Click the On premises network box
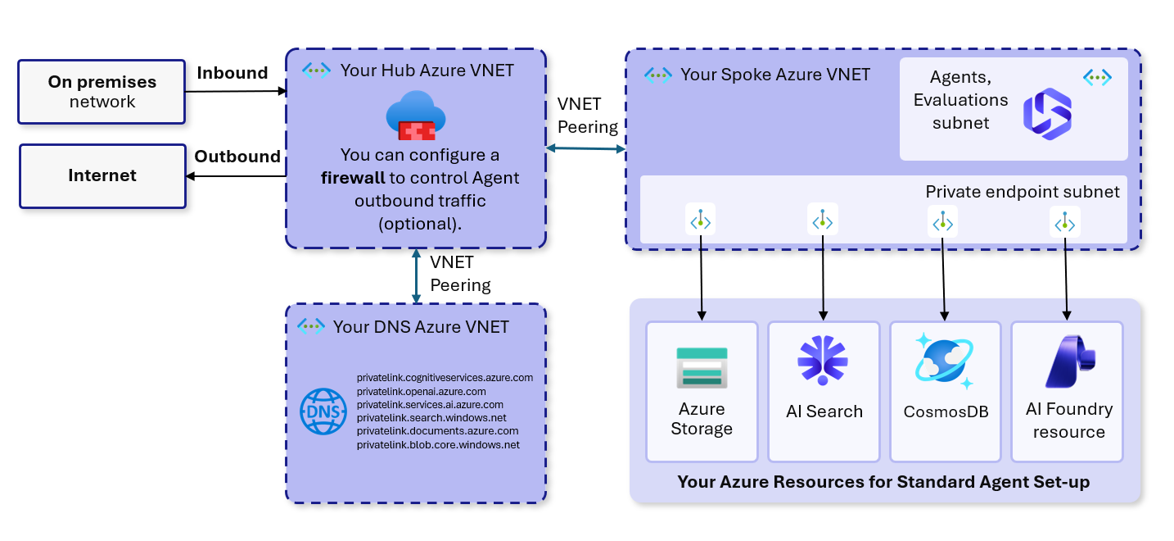pyautogui.click(x=102, y=92)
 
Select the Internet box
pyautogui.click(x=102, y=175)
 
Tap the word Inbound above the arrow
pyautogui.click(x=233, y=73)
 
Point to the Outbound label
pyautogui.click(x=237, y=157)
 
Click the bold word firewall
pyautogui.click(x=353, y=178)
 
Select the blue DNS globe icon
pyautogui.click(x=323, y=411)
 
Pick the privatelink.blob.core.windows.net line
pyautogui.click(x=438, y=444)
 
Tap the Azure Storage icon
pyautogui.click(x=701, y=367)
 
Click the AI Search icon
pyautogui.click(x=823, y=361)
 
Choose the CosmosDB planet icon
pyautogui.click(x=944, y=361)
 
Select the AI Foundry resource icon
pyautogui.click(x=1068, y=361)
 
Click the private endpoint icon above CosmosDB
pyautogui.click(x=943, y=221)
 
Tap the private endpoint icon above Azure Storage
pyautogui.click(x=701, y=220)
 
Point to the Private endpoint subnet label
pyautogui.click(x=1022, y=192)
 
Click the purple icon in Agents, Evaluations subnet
pyautogui.click(x=1047, y=115)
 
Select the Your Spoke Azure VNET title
pyautogui.click(x=774, y=75)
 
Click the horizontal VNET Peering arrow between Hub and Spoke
pyautogui.click(x=585, y=148)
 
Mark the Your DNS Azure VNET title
pyautogui.click(x=421, y=327)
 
